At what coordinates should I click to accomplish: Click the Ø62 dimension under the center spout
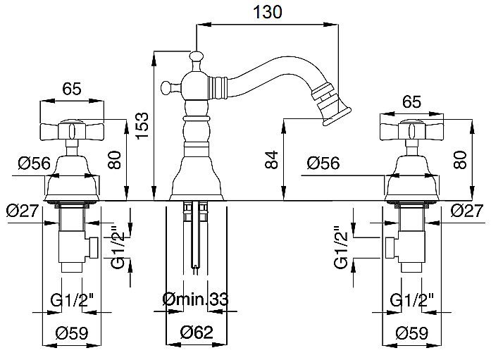coord(197,332)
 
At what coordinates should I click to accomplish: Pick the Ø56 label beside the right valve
coord(324,163)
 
